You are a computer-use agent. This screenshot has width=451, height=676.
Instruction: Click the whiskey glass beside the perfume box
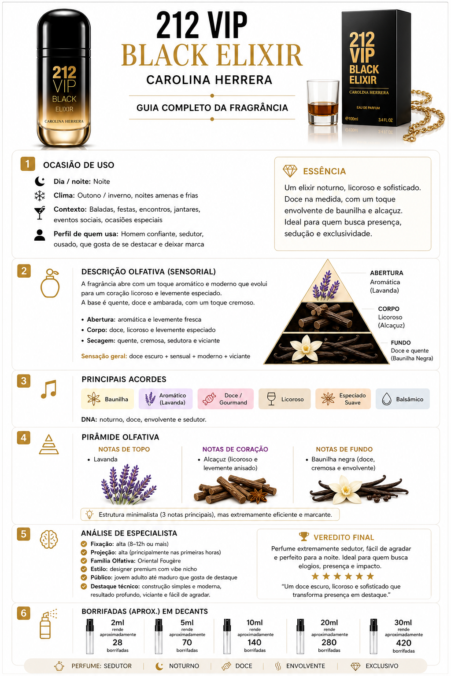[x=323, y=102]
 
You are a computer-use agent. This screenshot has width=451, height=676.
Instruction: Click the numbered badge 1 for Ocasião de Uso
[x=27, y=164]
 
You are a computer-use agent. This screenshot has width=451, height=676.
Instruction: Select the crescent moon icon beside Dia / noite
[x=40, y=181]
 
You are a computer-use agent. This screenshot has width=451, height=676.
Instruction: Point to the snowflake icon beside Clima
[x=40, y=195]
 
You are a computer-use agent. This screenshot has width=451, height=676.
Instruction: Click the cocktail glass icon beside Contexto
[x=40, y=213]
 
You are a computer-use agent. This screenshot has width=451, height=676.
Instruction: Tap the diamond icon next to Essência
[x=290, y=171]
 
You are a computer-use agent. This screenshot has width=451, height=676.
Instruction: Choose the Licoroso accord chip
[x=285, y=399]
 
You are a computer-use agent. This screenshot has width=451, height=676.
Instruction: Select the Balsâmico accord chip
[x=403, y=399]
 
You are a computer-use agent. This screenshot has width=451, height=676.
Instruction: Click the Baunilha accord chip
[x=107, y=399]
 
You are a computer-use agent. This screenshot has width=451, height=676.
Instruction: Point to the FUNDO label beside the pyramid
[x=400, y=342]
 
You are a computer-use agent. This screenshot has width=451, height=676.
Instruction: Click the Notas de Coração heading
[x=235, y=449]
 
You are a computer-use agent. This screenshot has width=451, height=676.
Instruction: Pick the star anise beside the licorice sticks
[x=258, y=496]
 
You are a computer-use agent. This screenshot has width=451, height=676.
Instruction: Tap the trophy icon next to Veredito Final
[x=304, y=536]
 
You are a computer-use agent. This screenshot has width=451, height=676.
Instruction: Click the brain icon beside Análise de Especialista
[x=49, y=539]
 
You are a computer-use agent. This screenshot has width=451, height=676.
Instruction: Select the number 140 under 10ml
[x=255, y=643]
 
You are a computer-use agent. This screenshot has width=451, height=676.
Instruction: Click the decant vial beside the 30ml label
[x=373, y=636]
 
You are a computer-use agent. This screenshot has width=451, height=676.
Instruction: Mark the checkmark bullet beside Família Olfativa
[x=84, y=561]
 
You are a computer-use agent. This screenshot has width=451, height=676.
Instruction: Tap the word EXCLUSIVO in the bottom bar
[x=382, y=666]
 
